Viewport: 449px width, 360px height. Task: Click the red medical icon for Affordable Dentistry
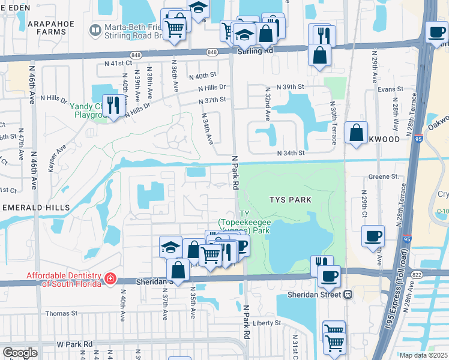(110, 278)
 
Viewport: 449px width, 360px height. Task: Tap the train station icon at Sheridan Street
(348, 295)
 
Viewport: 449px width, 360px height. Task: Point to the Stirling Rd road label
(256, 52)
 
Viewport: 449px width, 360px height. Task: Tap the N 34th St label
(291, 153)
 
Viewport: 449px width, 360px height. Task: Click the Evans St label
(390, 89)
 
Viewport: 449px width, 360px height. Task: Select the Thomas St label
(62, 313)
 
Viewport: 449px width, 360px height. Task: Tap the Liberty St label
(267, 323)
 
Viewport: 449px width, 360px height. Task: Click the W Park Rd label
(75, 344)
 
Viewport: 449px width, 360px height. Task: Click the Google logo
(20, 353)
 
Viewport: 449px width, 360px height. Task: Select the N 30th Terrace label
(333, 123)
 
